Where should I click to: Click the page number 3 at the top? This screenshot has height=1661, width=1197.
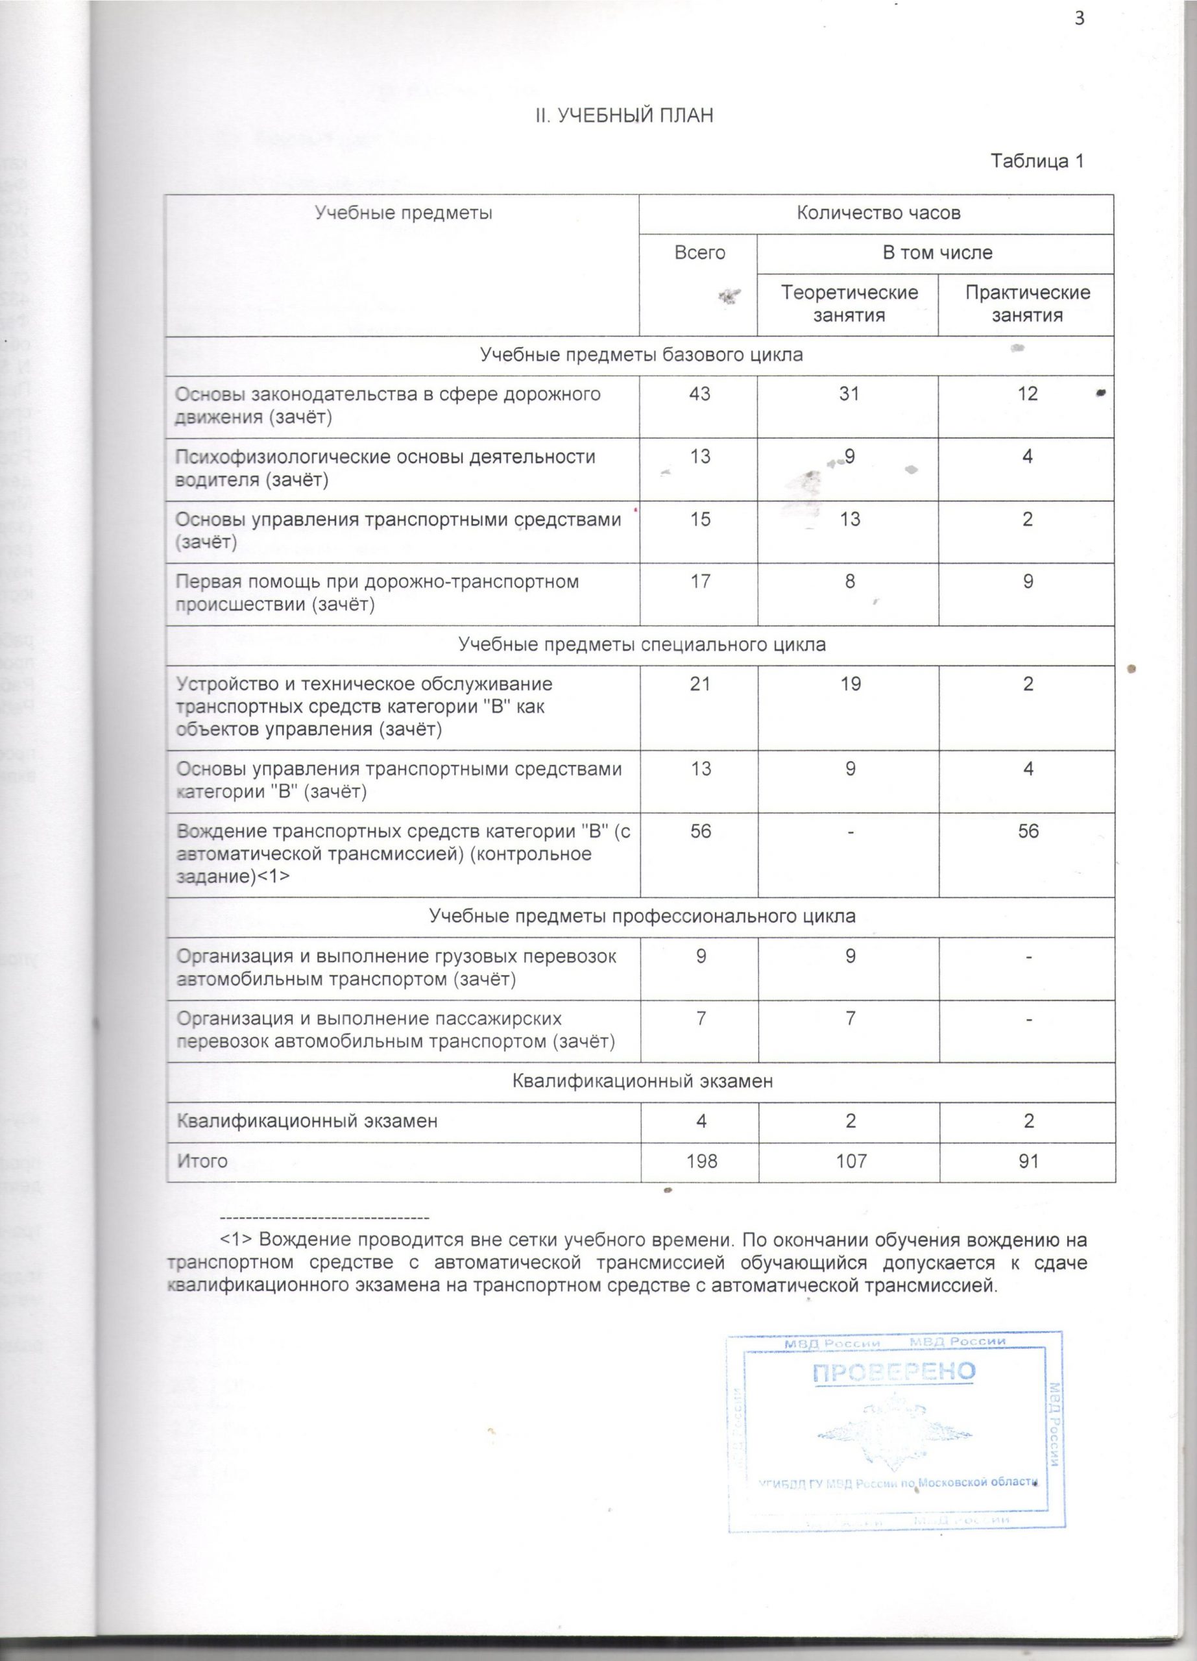pos(1078,19)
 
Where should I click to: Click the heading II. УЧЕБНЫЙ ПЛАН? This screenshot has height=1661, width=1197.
pos(622,115)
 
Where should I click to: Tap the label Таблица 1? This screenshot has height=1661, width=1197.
pos(1036,161)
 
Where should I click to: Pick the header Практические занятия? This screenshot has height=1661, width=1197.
pos(1027,304)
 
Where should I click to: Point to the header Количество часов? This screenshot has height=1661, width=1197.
pos(878,213)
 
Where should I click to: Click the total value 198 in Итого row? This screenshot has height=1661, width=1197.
pos(701,1161)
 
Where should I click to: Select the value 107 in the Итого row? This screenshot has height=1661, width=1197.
pos(849,1161)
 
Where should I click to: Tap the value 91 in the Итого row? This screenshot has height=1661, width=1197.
pos(1028,1161)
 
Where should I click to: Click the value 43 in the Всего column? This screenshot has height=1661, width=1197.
pos(700,394)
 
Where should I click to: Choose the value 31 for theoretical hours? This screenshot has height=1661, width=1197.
pos(849,394)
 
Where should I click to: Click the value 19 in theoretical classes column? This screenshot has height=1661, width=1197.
pos(850,684)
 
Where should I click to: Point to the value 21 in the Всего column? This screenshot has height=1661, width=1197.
pos(700,684)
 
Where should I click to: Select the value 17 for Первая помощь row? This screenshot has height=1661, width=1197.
pos(701,581)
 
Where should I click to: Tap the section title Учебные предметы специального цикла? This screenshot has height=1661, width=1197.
pos(642,645)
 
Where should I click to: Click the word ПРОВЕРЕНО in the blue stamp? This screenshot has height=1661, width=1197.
pos(894,1371)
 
